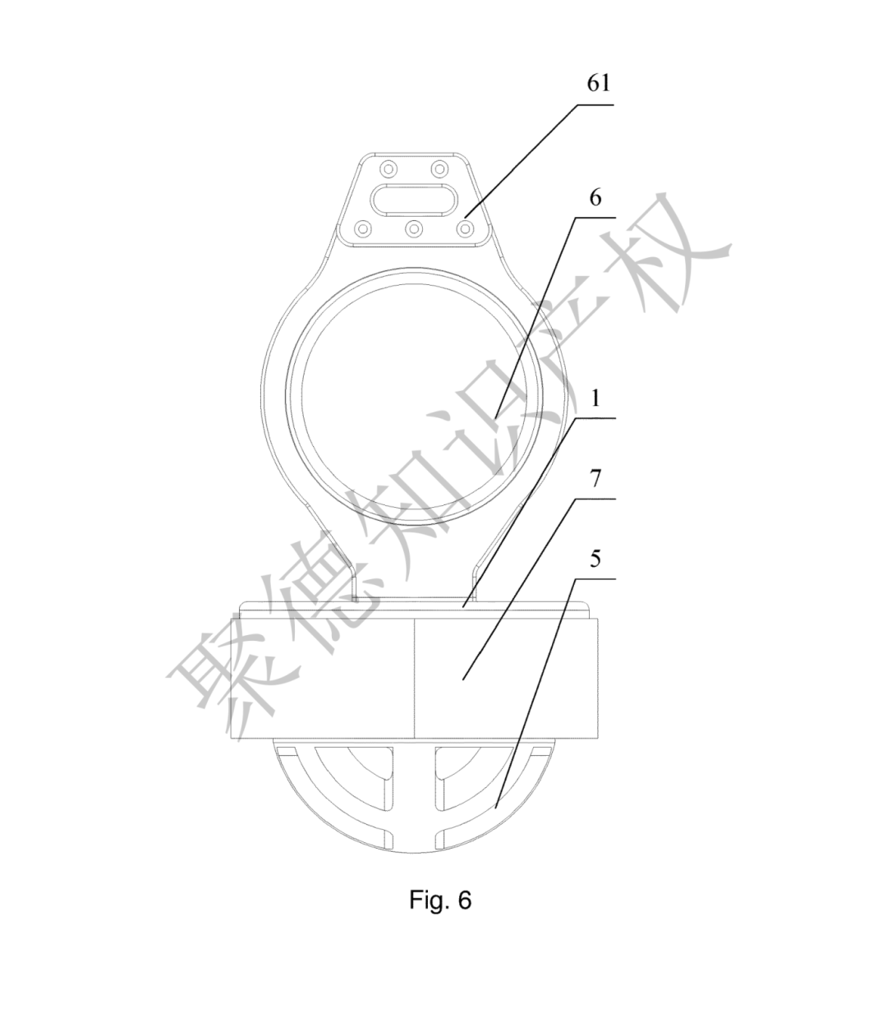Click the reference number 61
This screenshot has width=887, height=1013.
tap(599, 83)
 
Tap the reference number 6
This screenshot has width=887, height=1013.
tap(595, 198)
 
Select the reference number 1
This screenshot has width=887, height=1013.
tap(596, 398)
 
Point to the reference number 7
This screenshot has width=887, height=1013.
tap(595, 479)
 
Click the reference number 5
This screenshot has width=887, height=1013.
tap(595, 559)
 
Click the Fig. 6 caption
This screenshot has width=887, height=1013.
tap(440, 900)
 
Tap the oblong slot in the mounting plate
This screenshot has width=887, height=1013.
tap(414, 200)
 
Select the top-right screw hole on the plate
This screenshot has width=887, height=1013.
tap(439, 169)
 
